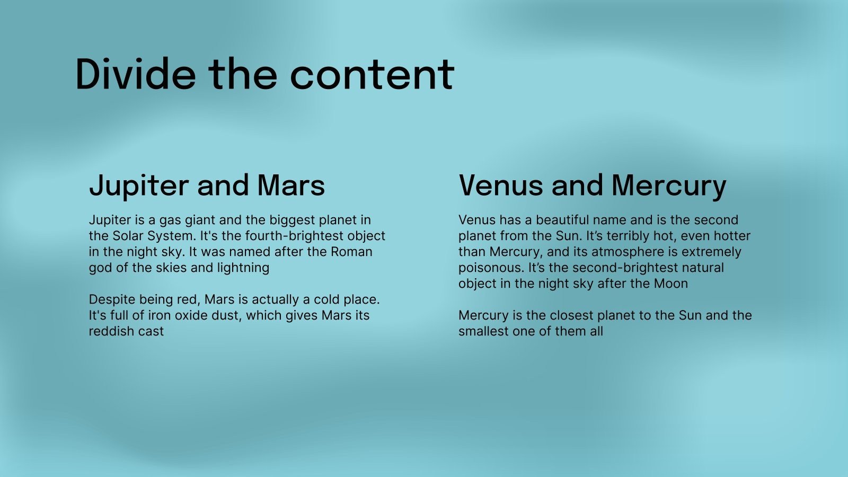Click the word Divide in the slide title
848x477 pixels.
coord(136,74)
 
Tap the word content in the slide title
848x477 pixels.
coord(372,75)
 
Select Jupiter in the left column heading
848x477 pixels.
coord(138,186)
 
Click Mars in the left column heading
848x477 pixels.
coord(291,185)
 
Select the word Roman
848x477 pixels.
coord(351,252)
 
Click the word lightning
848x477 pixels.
coord(243,268)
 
